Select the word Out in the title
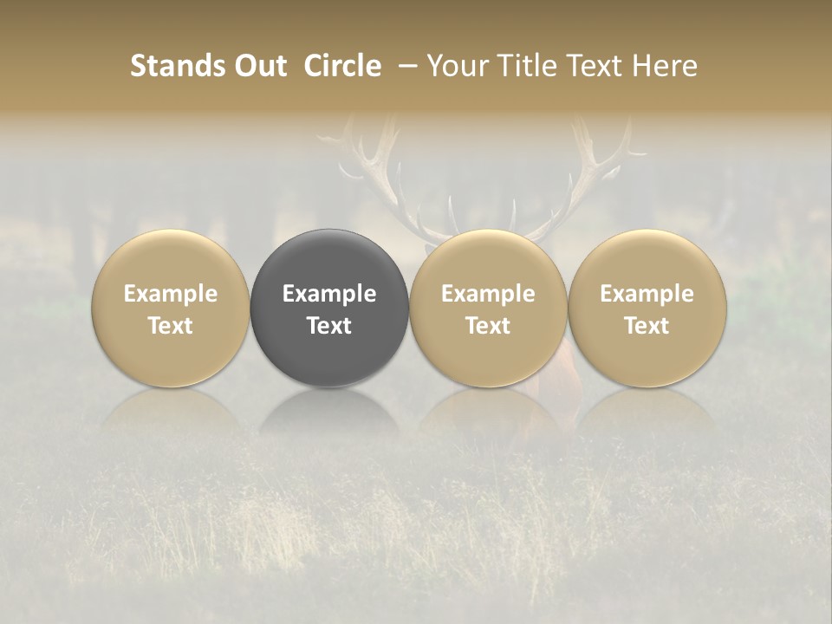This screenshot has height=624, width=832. tap(259, 66)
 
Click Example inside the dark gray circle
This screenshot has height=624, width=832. tap(329, 294)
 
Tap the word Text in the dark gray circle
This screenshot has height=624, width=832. tap(329, 326)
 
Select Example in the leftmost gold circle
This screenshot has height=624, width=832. tap(170, 294)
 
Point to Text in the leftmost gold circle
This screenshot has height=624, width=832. tap(170, 326)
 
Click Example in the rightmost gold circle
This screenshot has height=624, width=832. tap(647, 294)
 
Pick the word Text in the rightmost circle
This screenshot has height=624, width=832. tap(647, 326)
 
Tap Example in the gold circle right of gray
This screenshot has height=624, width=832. tap(488, 294)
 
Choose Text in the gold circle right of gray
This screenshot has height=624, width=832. tap(488, 326)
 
